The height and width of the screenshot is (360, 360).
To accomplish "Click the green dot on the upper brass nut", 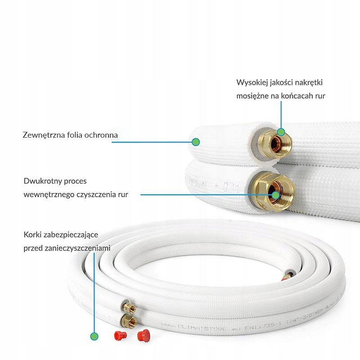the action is pos(281,132).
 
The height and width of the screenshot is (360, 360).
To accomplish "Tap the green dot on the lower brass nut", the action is pos(275,195).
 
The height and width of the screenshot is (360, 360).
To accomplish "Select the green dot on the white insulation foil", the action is pos(195,142).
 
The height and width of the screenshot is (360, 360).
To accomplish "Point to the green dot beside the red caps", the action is pos(94,336).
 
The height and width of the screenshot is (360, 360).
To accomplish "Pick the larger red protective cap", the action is pos(144,334).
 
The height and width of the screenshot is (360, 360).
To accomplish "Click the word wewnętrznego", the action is pos(46,194).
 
